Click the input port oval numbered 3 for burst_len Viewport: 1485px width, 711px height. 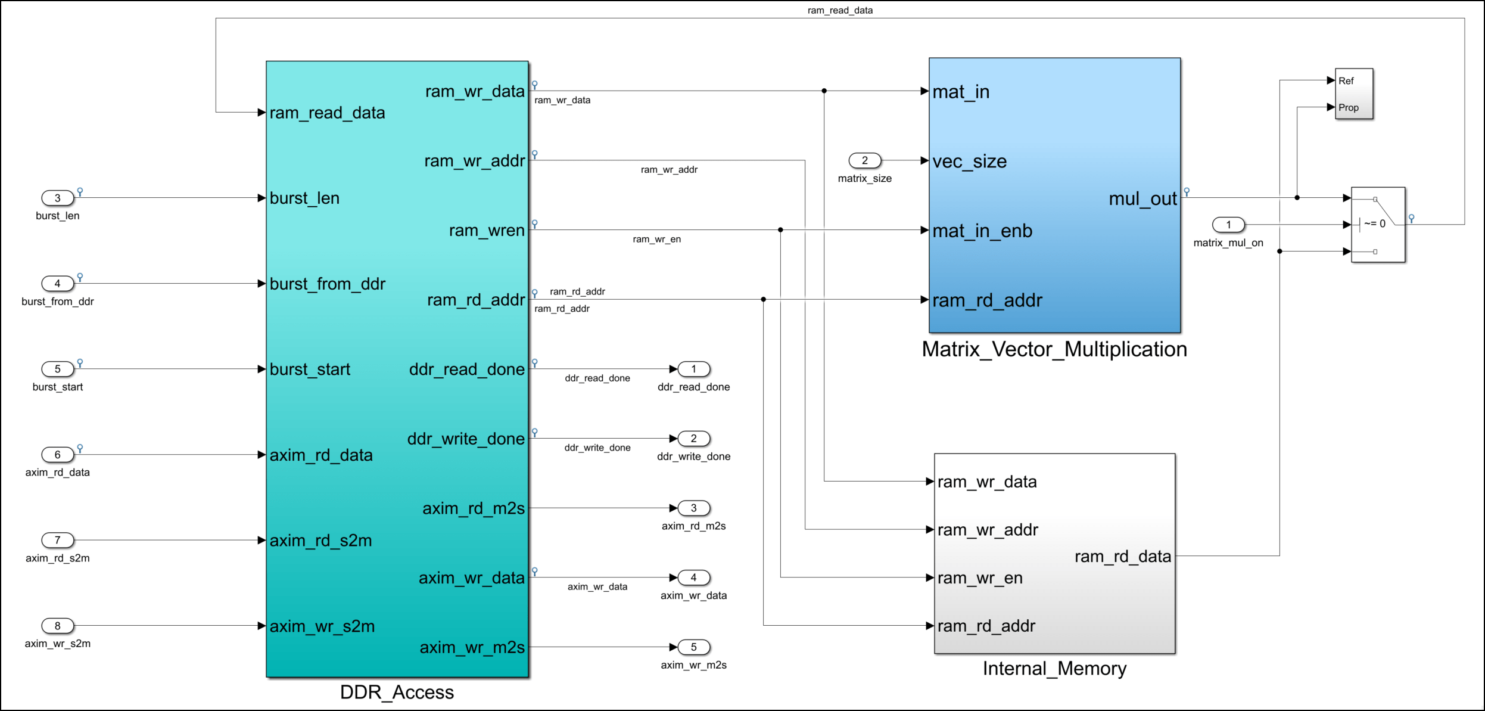[57, 198]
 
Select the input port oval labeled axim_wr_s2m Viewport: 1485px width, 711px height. [57, 626]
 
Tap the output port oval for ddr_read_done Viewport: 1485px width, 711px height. [693, 369]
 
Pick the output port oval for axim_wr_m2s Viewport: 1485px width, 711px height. [693, 647]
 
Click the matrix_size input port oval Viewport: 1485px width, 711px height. [864, 160]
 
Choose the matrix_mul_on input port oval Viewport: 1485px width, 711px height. [1228, 225]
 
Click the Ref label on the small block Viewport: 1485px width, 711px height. [1346, 81]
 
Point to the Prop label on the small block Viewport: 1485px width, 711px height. [1348, 108]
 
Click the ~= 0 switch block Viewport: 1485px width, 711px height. [1377, 224]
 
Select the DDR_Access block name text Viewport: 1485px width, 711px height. [397, 692]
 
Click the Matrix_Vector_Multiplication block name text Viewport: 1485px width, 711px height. [1054, 349]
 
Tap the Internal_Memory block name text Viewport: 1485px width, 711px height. [1054, 669]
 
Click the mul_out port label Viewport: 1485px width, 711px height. [1142, 198]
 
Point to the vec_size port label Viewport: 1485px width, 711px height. [969, 162]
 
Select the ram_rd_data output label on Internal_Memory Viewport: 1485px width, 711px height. [1122, 557]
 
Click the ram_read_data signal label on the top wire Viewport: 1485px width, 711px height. [840, 10]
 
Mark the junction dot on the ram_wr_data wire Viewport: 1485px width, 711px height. [824, 91]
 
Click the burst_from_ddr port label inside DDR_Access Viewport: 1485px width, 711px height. [327, 284]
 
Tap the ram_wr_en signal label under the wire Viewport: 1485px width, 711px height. [656, 240]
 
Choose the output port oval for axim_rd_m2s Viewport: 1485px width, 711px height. [693, 508]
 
